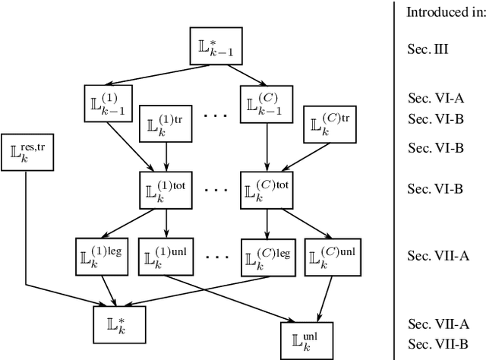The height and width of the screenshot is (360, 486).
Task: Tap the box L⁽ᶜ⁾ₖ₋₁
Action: coord(266,101)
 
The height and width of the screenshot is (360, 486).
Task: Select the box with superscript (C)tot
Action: coord(266,188)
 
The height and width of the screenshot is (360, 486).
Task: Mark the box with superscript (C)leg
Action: coord(266,254)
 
